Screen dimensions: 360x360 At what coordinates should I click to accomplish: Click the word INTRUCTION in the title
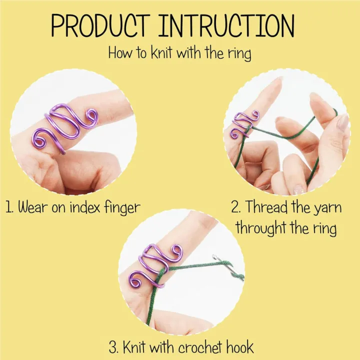[227, 26]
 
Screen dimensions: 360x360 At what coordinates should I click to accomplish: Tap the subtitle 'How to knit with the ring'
[180, 52]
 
